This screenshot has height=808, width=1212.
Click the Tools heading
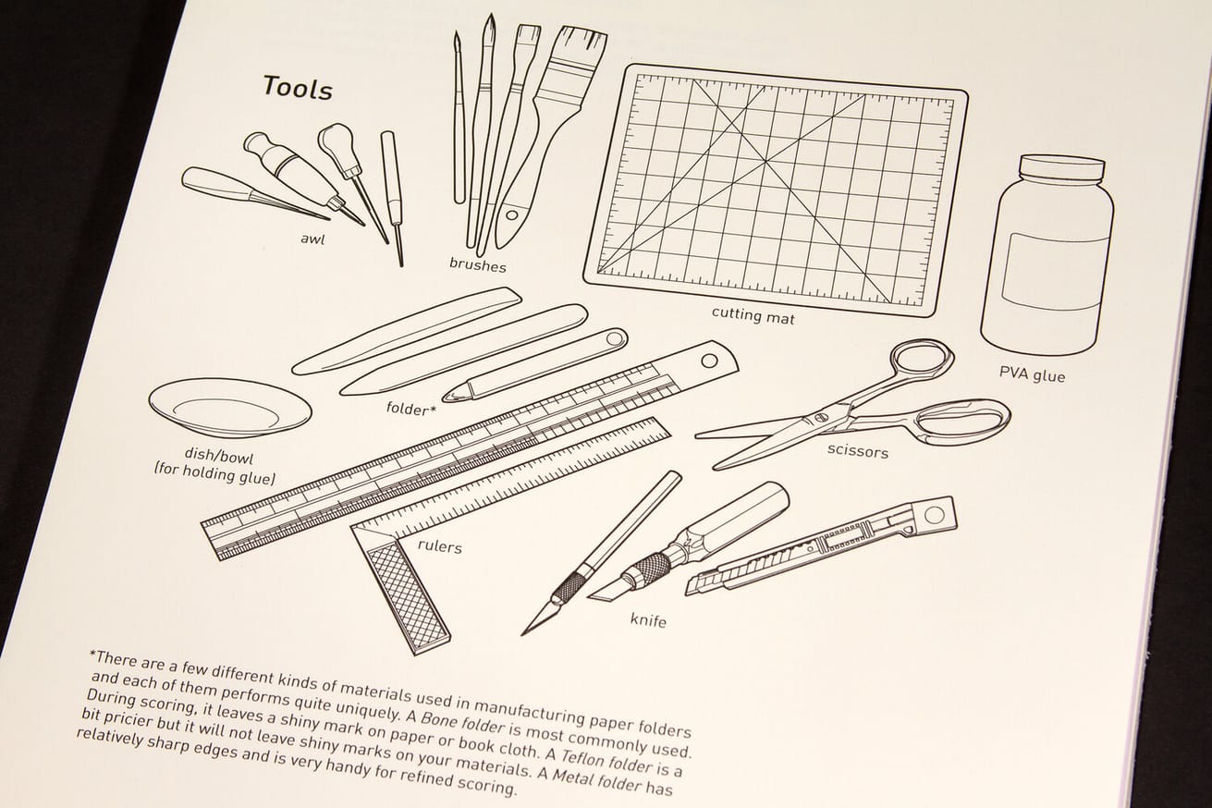tap(297, 88)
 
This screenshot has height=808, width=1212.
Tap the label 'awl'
tap(312, 239)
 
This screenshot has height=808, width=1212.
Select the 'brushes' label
tap(477, 264)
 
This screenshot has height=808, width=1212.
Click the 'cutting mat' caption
tap(753, 315)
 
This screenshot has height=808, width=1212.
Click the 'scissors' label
tap(857, 451)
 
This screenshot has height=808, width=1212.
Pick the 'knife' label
tap(648, 619)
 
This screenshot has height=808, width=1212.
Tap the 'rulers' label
tap(439, 545)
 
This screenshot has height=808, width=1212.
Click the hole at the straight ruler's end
tap(711, 356)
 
